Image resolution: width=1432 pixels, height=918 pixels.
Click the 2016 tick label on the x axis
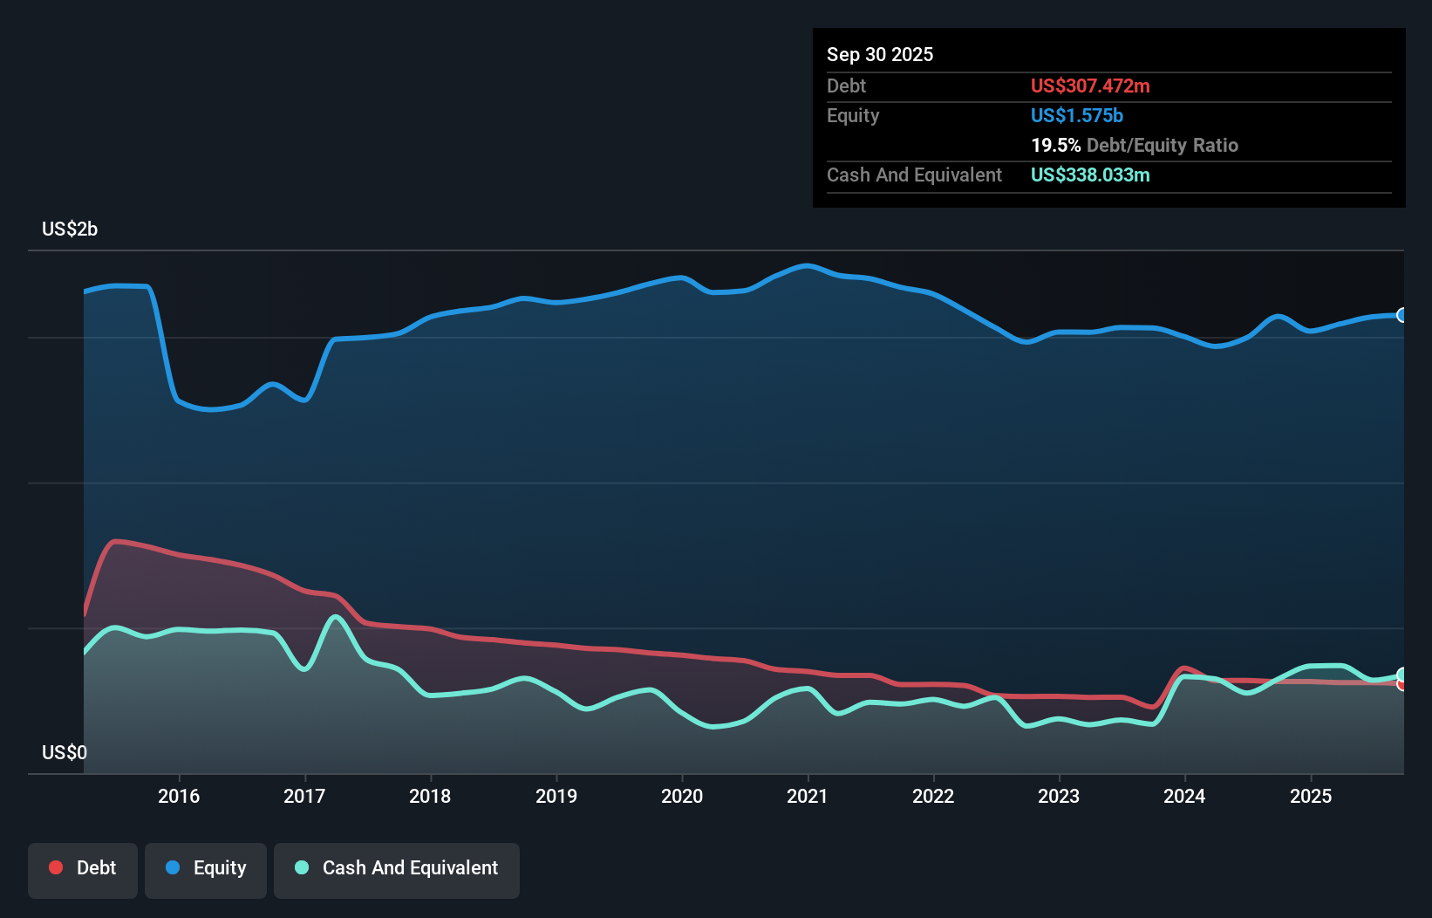tap(179, 796)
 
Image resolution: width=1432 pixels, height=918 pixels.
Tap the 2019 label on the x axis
tap(556, 796)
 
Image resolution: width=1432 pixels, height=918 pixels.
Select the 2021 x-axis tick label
tap(808, 796)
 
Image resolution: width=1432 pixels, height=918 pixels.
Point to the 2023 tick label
tap(1059, 796)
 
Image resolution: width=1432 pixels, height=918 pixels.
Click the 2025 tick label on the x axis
tap(1311, 796)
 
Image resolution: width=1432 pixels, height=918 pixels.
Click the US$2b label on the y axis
tap(70, 229)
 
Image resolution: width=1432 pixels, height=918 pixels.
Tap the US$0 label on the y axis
tap(65, 752)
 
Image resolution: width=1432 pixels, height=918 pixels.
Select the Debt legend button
tap(83, 868)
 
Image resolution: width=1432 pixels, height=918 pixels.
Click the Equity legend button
tap(206, 868)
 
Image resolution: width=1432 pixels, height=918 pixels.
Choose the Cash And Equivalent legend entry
tap(397, 868)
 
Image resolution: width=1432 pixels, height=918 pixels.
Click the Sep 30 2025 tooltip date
tap(880, 55)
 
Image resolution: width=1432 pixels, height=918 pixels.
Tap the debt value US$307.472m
tap(1090, 86)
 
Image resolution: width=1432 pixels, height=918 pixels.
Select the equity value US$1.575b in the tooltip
tap(1076, 116)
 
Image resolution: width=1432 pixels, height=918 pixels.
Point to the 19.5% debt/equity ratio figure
tap(1055, 146)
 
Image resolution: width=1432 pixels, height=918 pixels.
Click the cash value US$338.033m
tap(1090, 175)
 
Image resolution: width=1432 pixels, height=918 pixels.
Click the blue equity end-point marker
tap(1402, 315)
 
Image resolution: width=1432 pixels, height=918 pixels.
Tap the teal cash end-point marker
tap(1402, 675)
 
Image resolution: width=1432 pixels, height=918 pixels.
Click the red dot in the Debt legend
tap(56, 867)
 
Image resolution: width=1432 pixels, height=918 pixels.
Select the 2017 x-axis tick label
tap(304, 796)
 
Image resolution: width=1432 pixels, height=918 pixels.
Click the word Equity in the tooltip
tap(853, 116)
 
